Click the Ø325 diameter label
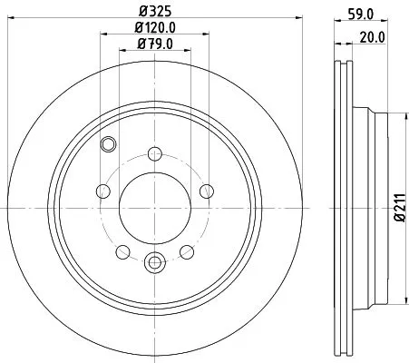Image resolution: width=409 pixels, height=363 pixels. (155, 12)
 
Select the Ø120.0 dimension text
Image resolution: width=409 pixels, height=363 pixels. (155, 28)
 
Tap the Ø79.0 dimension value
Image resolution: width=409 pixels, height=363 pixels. (155, 44)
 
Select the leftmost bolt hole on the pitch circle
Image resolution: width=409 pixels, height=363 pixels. (102, 191)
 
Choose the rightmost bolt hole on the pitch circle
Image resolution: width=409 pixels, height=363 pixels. (207, 191)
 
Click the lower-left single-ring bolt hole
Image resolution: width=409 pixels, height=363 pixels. (122, 251)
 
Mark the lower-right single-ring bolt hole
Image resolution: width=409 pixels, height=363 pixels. (187, 251)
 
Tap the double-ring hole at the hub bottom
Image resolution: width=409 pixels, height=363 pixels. (155, 264)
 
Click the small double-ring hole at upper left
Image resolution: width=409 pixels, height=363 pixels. (109, 142)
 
